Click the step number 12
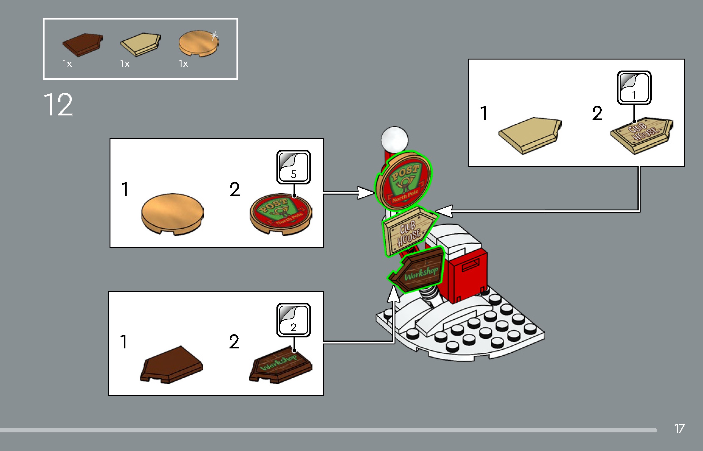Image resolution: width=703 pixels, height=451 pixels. [x=58, y=105]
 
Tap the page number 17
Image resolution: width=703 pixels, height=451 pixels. [x=679, y=428]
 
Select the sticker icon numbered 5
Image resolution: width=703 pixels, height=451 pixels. [x=293, y=167]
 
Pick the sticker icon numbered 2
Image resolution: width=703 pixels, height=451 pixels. [x=293, y=320]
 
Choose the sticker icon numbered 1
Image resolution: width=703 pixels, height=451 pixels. [x=634, y=88]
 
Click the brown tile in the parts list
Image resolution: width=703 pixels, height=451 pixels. [x=82, y=45]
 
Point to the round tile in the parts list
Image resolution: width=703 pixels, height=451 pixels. [x=198, y=43]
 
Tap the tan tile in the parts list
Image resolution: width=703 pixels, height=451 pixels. [x=140, y=45]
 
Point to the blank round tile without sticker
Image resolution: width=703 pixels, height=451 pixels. [x=172, y=213]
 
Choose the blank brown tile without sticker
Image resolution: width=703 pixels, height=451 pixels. [x=171, y=365]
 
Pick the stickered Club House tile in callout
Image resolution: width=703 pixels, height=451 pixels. [x=641, y=135]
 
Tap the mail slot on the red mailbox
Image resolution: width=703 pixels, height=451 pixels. [x=470, y=265]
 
